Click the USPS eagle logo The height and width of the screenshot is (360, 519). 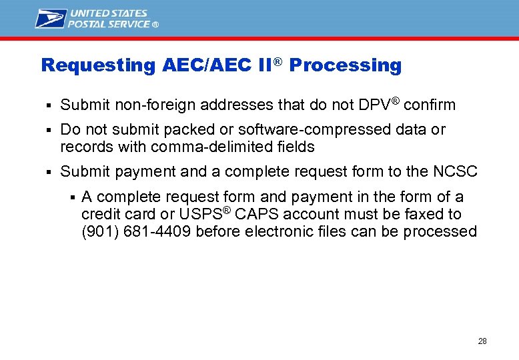pyautogui.click(x=51, y=18)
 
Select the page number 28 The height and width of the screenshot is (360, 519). pyautogui.click(x=482, y=341)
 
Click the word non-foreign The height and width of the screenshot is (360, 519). pyautogui.click(x=145, y=105)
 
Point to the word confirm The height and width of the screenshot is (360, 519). pyautogui.click(x=430, y=105)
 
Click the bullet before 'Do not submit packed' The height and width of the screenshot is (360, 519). pyautogui.click(x=49, y=130)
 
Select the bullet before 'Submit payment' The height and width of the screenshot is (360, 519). pyautogui.click(x=49, y=172)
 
